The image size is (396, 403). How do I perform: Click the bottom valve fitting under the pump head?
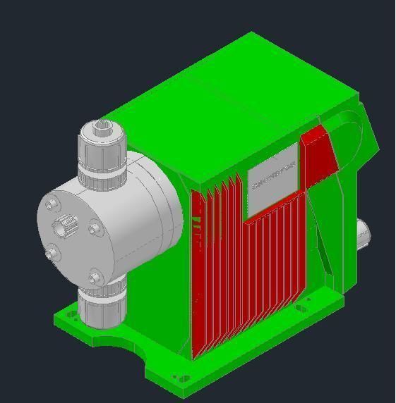(x=101, y=307)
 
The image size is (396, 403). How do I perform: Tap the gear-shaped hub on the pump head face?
(x=65, y=226)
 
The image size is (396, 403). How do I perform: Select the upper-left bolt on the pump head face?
(x=51, y=205)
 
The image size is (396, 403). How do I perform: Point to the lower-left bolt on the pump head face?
(x=50, y=253)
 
